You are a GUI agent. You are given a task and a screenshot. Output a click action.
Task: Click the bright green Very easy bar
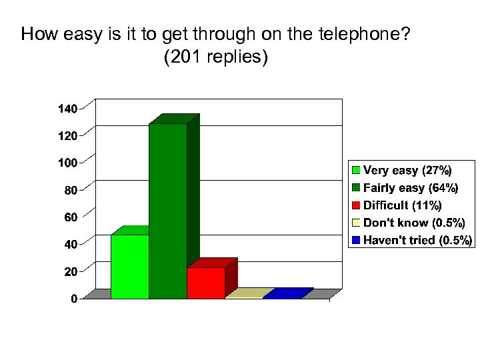point(130,266)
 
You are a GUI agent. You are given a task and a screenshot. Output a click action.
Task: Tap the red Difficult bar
point(206,283)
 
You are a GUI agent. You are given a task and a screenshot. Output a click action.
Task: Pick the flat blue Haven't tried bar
point(287,293)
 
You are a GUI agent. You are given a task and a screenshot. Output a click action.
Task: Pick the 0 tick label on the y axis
point(74,299)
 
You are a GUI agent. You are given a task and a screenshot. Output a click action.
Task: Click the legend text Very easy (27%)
point(407,170)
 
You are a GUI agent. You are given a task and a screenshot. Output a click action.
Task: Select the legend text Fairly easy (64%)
point(410,188)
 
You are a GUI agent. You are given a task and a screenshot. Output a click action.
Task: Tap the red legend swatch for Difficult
point(357,205)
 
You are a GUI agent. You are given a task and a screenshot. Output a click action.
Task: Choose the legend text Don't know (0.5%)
point(414,223)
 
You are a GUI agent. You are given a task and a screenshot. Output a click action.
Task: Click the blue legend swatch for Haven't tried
point(357,240)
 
